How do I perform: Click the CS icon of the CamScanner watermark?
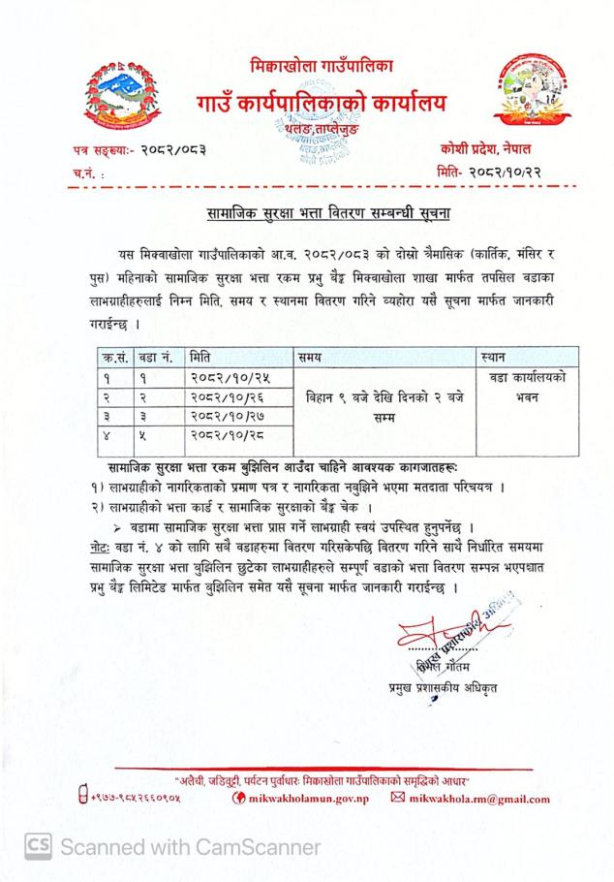tap(37, 846)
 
